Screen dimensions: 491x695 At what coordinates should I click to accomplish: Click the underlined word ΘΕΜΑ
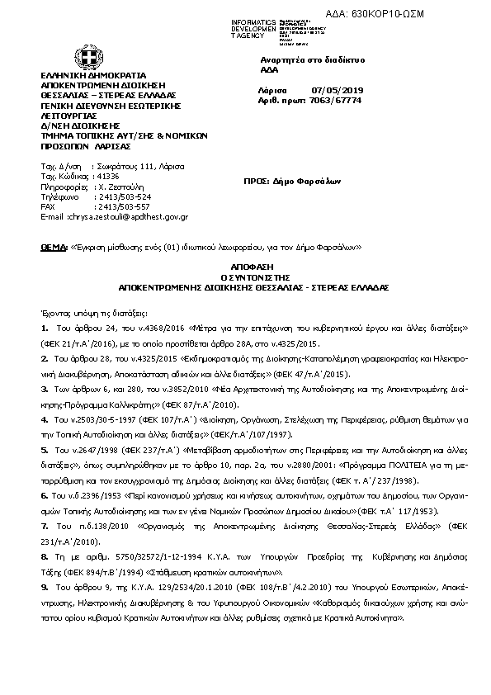pyautogui.click(x=54, y=247)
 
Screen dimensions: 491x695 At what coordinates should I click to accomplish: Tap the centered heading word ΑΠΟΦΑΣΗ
pyautogui.click(x=244, y=268)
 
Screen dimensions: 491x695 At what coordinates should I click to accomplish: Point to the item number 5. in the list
pyautogui.click(x=44, y=451)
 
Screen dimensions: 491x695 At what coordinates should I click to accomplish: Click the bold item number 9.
pyautogui.click(x=44, y=585)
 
